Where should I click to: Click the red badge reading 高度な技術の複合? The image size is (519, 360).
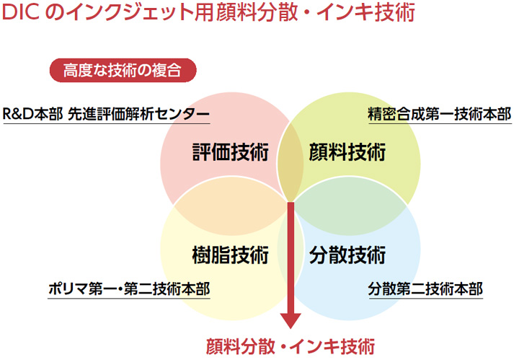click(123, 70)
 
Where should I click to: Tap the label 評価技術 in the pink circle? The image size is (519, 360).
click(231, 152)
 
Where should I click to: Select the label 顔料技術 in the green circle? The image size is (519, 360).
click(347, 152)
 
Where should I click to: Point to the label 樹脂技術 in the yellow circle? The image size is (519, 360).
click(231, 255)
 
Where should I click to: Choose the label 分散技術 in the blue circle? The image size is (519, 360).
click(347, 255)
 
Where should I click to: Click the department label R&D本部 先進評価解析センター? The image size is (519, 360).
click(106, 114)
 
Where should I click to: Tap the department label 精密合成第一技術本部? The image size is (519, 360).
click(440, 114)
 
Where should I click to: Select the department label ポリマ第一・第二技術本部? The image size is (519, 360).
click(129, 289)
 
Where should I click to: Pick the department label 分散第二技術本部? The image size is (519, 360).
click(425, 289)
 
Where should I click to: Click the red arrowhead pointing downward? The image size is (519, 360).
click(290, 320)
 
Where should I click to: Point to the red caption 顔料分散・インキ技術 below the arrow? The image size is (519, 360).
click(290, 346)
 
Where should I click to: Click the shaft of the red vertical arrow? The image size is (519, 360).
click(290, 258)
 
